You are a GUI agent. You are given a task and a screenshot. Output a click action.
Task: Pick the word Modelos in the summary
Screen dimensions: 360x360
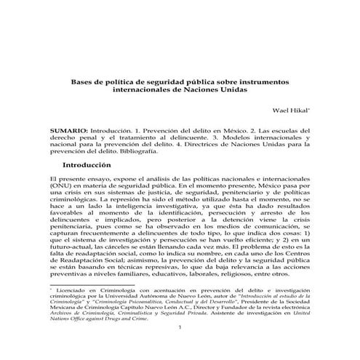(x=236, y=136)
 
